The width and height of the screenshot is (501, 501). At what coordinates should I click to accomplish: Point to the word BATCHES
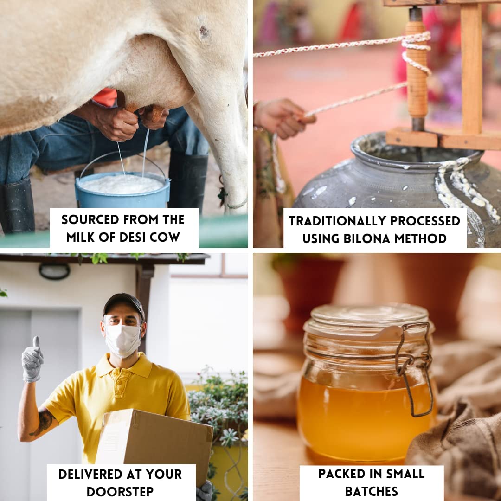click(x=371, y=490)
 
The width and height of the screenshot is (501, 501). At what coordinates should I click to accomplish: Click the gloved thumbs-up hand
click(x=32, y=359)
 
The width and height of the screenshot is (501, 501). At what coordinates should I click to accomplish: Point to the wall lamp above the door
click(x=54, y=271)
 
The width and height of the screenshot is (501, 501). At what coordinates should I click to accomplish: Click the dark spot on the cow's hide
click(x=203, y=32)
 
